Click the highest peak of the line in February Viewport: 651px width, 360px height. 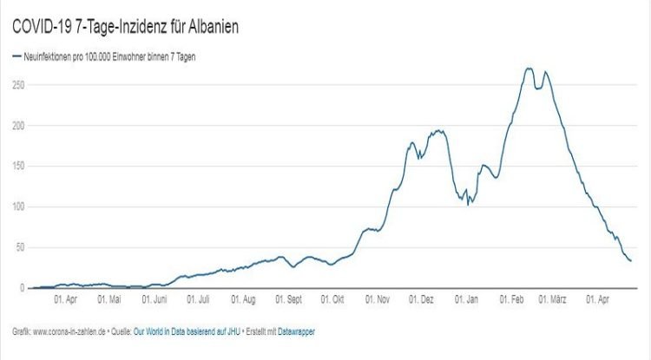tap(529, 69)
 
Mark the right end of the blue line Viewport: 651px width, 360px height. tap(631, 261)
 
